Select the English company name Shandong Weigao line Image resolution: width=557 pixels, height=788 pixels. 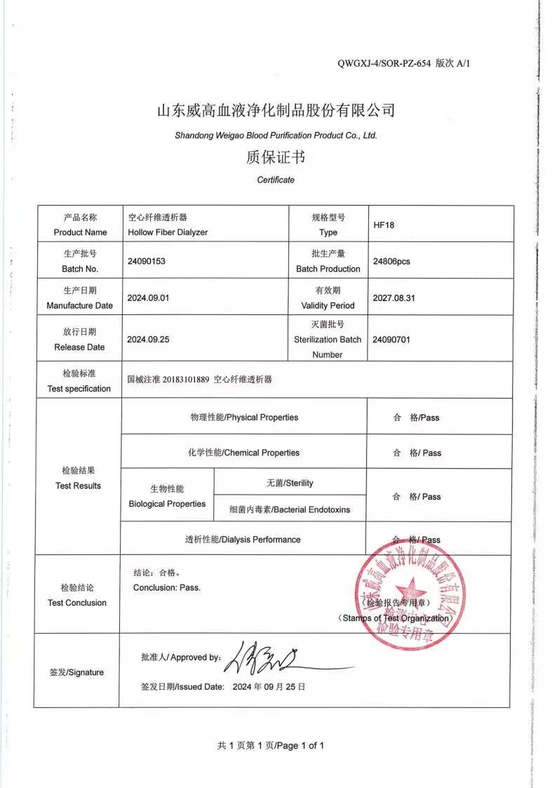276,135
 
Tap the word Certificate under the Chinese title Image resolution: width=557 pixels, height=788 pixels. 276,180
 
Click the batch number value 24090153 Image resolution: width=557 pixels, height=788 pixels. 147,260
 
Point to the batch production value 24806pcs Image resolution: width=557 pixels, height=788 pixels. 391,261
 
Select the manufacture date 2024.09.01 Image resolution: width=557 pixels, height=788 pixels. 148,298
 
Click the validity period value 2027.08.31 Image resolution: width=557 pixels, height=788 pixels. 394,298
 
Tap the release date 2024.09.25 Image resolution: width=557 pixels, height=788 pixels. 148,339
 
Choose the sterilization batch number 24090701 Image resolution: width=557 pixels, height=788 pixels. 391,340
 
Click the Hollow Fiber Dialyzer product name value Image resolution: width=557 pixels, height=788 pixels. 168,232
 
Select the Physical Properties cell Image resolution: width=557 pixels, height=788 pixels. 244,418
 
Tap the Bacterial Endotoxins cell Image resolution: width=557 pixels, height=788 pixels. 290,509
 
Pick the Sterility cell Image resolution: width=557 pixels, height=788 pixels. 290,483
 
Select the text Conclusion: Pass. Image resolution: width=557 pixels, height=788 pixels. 167,587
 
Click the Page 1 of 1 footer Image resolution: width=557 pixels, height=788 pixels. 271,746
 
